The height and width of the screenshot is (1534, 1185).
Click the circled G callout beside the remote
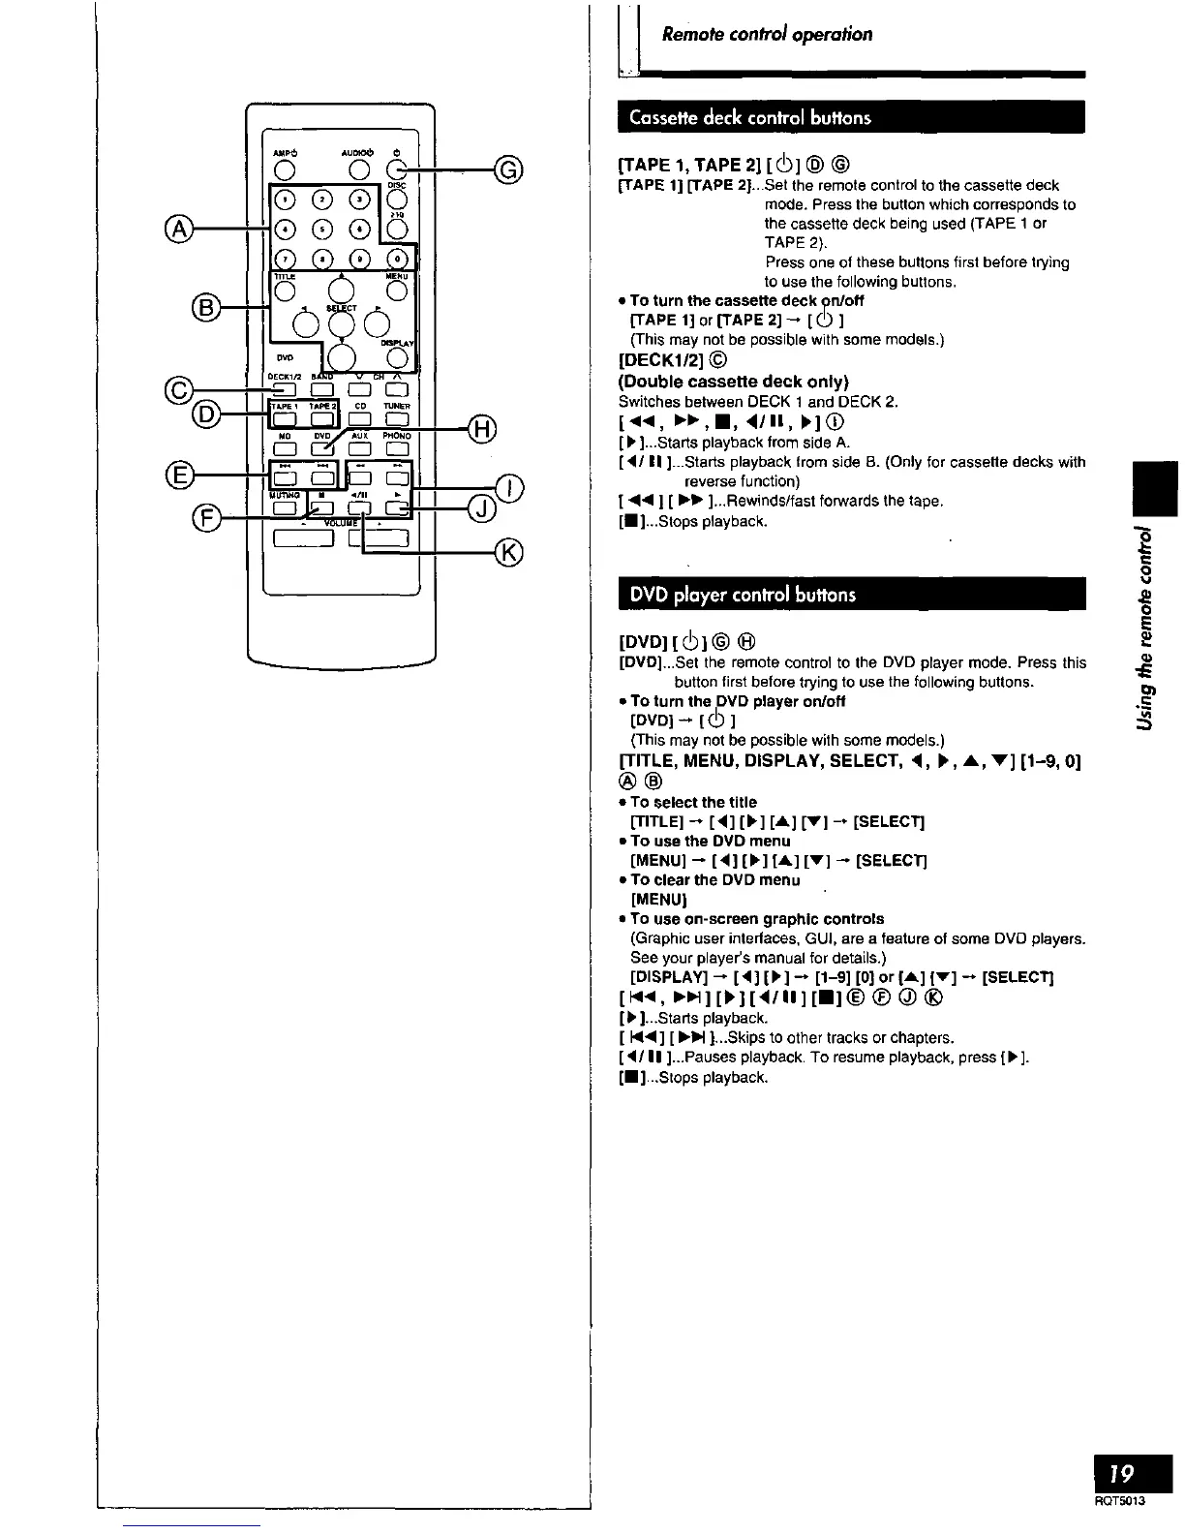(x=508, y=172)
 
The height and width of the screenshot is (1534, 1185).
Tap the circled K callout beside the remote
(x=508, y=553)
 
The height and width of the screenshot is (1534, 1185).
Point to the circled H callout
(x=481, y=426)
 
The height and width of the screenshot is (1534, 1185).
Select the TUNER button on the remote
(x=397, y=419)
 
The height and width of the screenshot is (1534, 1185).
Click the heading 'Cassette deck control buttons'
(x=750, y=118)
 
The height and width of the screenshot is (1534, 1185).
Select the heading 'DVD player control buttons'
(x=743, y=595)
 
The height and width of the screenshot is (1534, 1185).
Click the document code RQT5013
(x=1123, y=1502)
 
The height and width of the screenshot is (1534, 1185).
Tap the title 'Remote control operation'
(x=767, y=35)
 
